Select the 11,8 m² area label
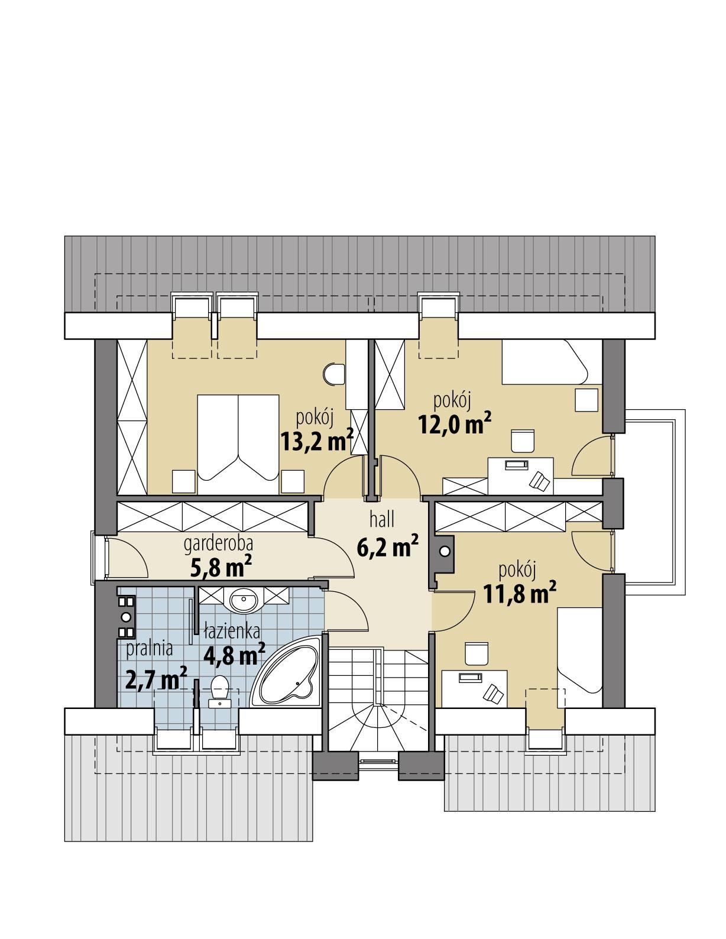[520, 593]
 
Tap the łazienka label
[232, 632]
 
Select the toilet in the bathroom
[220, 692]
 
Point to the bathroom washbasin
[244, 602]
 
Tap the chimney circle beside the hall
[444, 551]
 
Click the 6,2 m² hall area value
[387, 547]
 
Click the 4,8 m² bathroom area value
[234, 654]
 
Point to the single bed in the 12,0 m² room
[544, 362]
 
